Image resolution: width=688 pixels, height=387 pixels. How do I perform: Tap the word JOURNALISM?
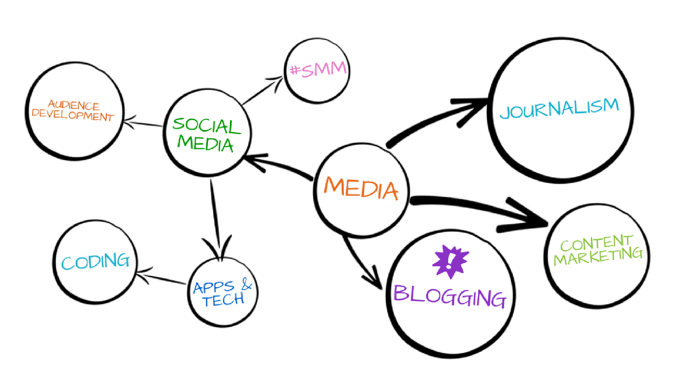559,108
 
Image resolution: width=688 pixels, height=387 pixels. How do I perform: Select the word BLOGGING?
450,296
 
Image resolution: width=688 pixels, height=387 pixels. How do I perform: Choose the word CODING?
95,261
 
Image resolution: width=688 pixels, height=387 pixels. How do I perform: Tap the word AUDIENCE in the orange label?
73,105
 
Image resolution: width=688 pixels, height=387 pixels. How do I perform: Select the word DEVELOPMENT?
72,116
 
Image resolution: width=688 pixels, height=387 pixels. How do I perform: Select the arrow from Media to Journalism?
432,120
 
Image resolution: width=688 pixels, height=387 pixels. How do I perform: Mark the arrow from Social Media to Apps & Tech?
215,216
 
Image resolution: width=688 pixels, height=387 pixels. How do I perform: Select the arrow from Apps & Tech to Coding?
162,278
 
